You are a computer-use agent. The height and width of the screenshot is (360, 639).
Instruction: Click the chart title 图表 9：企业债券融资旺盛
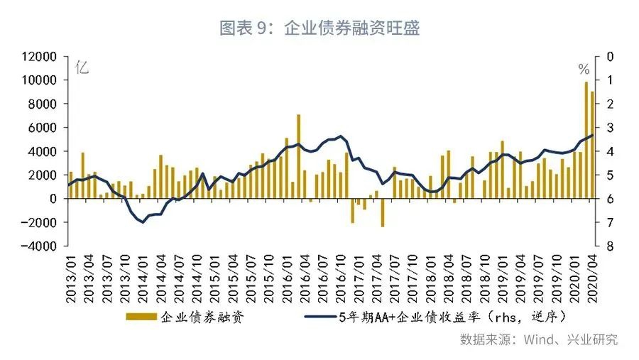(x=319, y=28)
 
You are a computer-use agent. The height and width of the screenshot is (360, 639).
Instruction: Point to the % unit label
(x=584, y=70)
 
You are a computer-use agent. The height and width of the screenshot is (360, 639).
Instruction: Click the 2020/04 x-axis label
(x=593, y=278)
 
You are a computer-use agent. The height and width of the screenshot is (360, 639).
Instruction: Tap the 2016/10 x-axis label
(x=340, y=278)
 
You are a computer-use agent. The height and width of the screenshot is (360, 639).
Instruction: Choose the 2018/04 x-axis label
(x=448, y=278)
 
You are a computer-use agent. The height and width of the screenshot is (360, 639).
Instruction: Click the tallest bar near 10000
(x=586, y=140)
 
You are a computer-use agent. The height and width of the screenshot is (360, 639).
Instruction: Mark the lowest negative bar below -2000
(x=382, y=212)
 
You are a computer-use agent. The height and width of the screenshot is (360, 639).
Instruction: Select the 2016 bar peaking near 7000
(x=299, y=156)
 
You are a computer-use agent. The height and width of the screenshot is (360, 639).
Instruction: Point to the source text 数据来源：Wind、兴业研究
(x=538, y=339)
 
